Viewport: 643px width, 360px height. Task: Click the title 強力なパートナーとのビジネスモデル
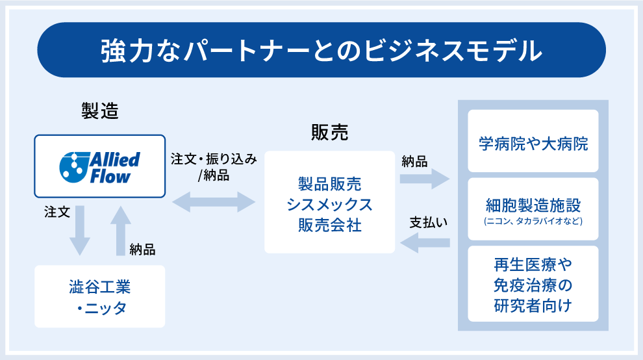coord(321,50)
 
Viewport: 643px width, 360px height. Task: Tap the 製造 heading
coord(100,110)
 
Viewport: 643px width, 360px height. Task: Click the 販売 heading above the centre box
coord(329,133)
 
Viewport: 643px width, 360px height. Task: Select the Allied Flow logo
coord(99,166)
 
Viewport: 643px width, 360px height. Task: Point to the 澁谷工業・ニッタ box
coord(99,296)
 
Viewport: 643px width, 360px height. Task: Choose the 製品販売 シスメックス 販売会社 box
coord(329,202)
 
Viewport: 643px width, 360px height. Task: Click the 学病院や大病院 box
coord(533,141)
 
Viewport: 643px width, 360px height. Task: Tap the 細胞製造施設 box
coord(533,209)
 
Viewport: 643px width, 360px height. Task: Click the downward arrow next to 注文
coord(80,231)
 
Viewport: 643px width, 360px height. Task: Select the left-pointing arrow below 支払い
coord(425,243)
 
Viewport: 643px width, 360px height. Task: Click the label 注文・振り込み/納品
coord(214,166)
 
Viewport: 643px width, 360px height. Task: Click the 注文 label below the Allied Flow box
coord(57,212)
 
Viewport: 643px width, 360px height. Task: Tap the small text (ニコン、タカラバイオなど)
coord(533,222)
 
